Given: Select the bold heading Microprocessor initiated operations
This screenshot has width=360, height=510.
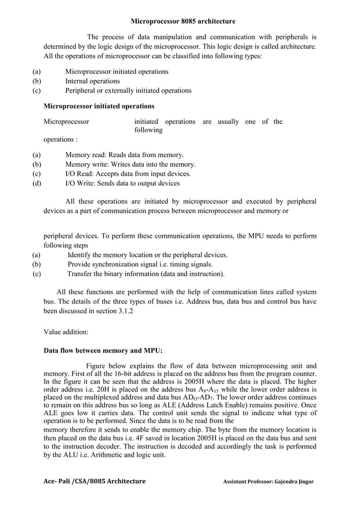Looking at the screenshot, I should tap(99, 106).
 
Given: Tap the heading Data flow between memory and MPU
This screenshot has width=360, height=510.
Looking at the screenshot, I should tap(103, 350).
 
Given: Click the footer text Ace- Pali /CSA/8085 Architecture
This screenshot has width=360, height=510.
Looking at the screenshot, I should tap(94, 481).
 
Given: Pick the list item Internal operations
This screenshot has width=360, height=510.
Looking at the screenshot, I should tap(93, 81).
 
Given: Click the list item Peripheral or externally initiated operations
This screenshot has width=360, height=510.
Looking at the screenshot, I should tap(128, 90).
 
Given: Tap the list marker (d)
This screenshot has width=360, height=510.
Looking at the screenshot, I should tap(37, 183).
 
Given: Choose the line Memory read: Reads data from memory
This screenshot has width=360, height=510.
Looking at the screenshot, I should tap(124, 155).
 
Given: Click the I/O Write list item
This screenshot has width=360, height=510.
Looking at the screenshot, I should tap(122, 183).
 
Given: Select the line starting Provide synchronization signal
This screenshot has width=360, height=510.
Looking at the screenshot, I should tap(140, 264).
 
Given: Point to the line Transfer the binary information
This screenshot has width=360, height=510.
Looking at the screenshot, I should tap(146, 274).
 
